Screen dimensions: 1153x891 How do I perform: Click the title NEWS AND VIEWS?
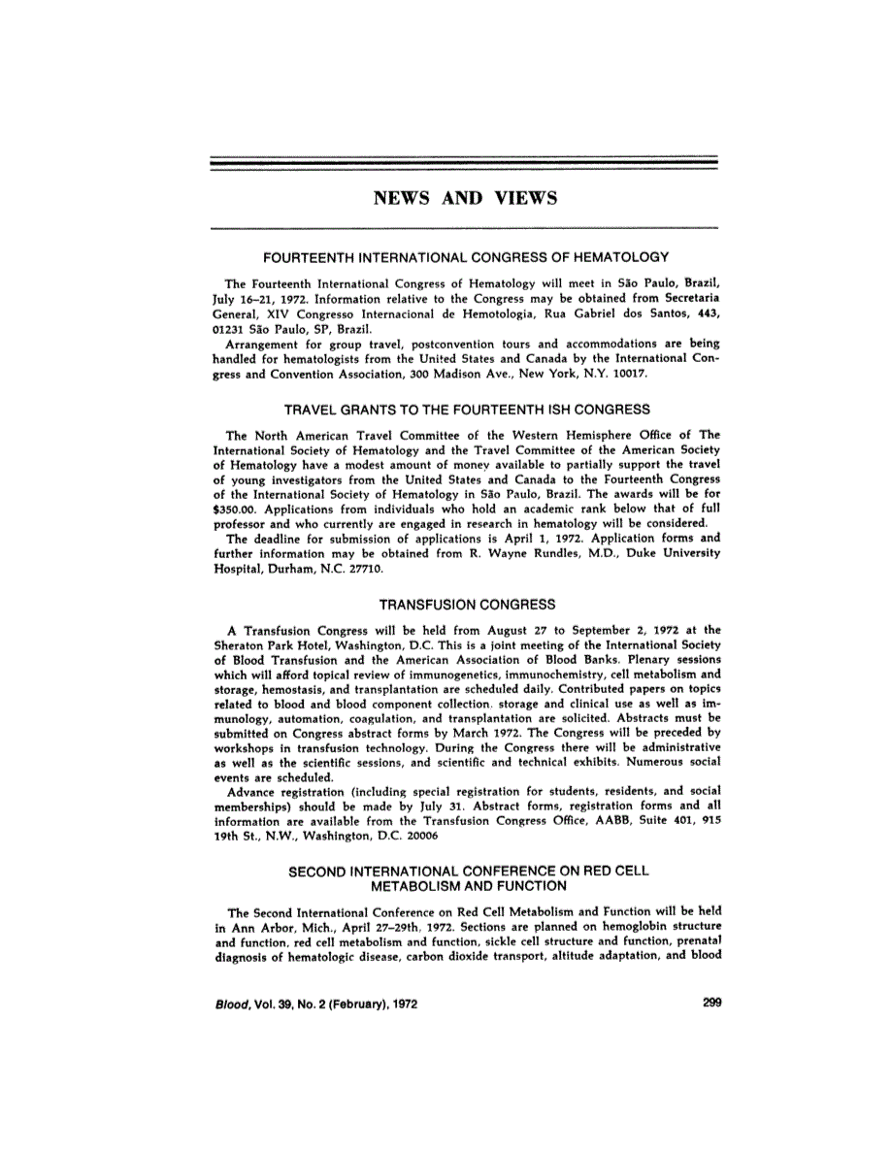[465, 199]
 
